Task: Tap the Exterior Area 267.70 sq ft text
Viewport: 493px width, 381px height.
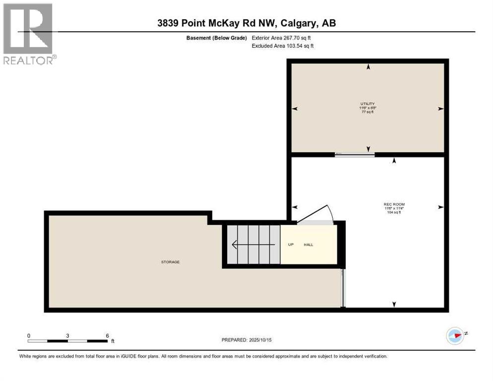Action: click(281, 38)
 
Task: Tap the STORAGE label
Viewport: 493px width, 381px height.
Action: click(170, 262)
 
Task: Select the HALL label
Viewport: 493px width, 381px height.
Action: click(308, 245)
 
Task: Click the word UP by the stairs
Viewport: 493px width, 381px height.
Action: click(291, 245)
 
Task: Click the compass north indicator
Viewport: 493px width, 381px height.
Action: click(455, 335)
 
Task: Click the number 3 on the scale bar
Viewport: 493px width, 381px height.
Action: click(67, 335)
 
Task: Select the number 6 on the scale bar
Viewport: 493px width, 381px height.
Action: click(107, 335)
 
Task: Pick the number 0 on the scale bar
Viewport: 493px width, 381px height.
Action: click(29, 335)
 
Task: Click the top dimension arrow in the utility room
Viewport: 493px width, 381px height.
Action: click(368, 67)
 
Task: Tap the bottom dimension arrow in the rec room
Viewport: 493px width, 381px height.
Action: click(394, 304)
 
